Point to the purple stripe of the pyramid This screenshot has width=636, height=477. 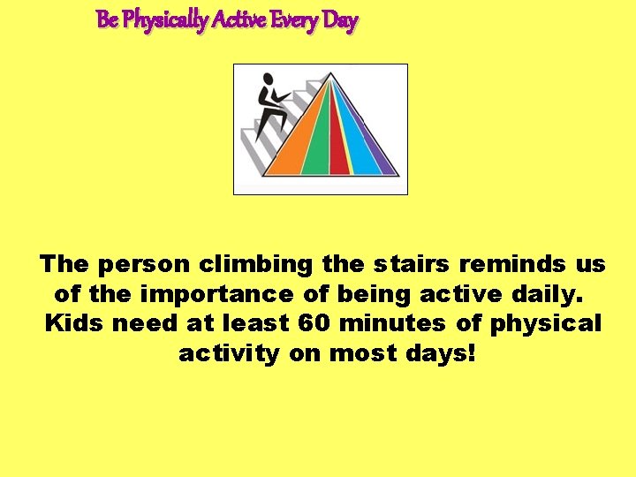coord(382,159)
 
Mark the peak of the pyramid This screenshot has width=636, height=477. coord(333,75)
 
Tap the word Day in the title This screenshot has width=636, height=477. coord(340,20)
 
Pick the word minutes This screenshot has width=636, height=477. coord(392,323)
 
